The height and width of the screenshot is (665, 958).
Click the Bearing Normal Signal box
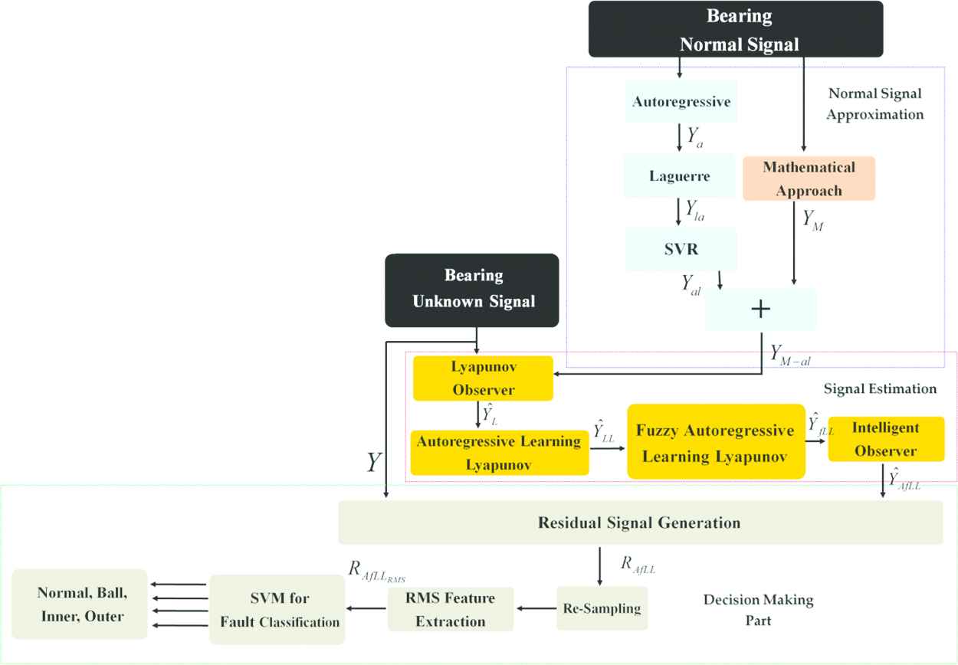coord(735,28)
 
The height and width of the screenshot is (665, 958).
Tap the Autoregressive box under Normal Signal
coord(680,100)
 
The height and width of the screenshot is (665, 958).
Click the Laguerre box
coord(679,175)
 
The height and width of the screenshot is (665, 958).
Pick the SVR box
coord(680,248)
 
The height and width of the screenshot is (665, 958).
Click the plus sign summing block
coord(760,309)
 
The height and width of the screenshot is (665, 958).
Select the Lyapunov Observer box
coord(483,378)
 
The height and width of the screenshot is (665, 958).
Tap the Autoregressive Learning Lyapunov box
coord(499,453)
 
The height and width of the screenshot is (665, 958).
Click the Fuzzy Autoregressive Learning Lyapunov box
coord(716,442)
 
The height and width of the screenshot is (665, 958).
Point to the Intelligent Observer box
coord(885,439)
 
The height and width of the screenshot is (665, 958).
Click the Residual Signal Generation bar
coord(640,523)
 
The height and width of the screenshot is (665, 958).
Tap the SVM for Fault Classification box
coord(277,609)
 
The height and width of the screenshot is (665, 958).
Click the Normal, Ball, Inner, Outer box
coord(80,604)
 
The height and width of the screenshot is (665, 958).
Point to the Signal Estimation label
coord(879,388)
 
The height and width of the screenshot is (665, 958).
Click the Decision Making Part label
coord(758,609)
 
